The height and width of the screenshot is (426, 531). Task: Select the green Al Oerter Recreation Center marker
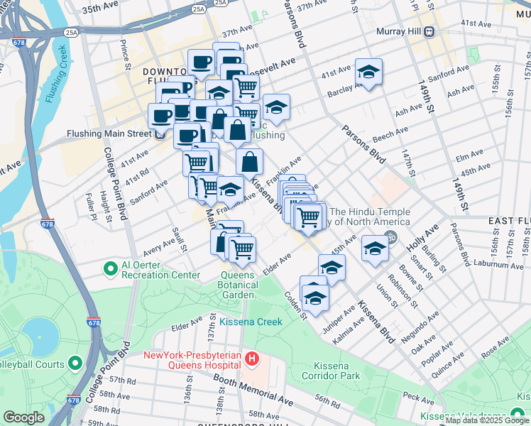point(110,269)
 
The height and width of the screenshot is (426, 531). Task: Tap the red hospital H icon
point(251,359)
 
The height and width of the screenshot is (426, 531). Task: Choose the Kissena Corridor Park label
point(331,369)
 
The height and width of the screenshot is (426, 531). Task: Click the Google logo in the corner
point(23,417)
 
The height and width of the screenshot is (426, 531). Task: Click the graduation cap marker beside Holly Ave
point(375,249)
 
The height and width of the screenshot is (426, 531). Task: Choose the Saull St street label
point(179,239)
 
